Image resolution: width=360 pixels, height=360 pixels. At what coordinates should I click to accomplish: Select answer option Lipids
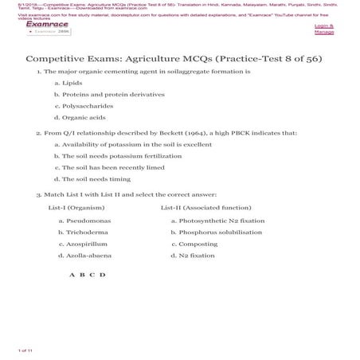[72, 82]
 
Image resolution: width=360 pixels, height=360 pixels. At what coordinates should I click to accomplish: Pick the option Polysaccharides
[91, 105]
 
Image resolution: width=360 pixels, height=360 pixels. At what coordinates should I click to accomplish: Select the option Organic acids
[84, 117]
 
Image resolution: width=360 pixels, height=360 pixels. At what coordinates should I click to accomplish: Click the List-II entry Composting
[199, 244]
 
